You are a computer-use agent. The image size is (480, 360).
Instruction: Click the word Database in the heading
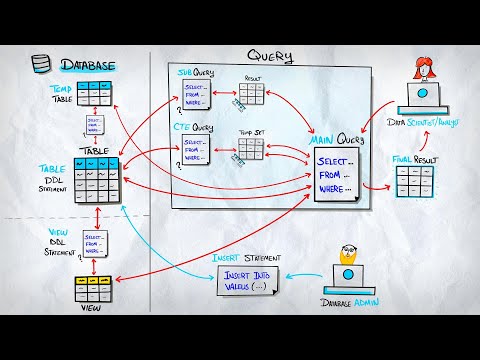click(88, 66)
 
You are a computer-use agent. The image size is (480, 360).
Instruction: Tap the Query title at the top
click(270, 57)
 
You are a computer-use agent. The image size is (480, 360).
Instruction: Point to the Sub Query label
click(196, 73)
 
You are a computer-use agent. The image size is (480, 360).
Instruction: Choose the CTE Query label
click(195, 127)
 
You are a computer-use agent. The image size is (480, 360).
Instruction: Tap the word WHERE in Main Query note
click(335, 188)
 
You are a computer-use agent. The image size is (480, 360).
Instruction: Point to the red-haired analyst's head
click(424, 70)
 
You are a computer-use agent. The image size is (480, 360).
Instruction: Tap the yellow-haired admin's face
click(348, 254)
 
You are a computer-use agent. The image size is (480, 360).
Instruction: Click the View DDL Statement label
click(60, 239)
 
